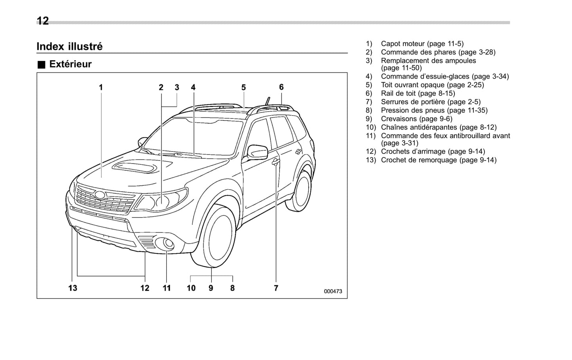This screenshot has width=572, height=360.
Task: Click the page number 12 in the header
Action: [x=43, y=21]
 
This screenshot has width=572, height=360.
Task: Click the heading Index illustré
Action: [x=70, y=46]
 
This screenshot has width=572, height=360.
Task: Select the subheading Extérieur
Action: [x=70, y=64]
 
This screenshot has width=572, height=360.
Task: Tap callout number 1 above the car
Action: [x=101, y=87]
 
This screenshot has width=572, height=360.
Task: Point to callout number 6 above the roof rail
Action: [x=281, y=87]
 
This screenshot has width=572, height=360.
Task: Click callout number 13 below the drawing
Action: [x=73, y=288]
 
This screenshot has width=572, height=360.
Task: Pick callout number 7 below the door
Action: [x=276, y=288]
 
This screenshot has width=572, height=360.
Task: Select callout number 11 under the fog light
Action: [x=167, y=288]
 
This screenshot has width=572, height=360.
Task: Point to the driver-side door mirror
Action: [x=257, y=152]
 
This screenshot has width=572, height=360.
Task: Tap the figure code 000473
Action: [x=333, y=291]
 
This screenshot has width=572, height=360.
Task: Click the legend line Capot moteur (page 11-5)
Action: [x=422, y=44]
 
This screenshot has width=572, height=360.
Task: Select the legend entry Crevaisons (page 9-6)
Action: [x=416, y=119]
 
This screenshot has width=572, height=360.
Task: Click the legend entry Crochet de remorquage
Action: [x=438, y=160]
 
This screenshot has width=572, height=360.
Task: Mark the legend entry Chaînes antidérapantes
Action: [x=438, y=128]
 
